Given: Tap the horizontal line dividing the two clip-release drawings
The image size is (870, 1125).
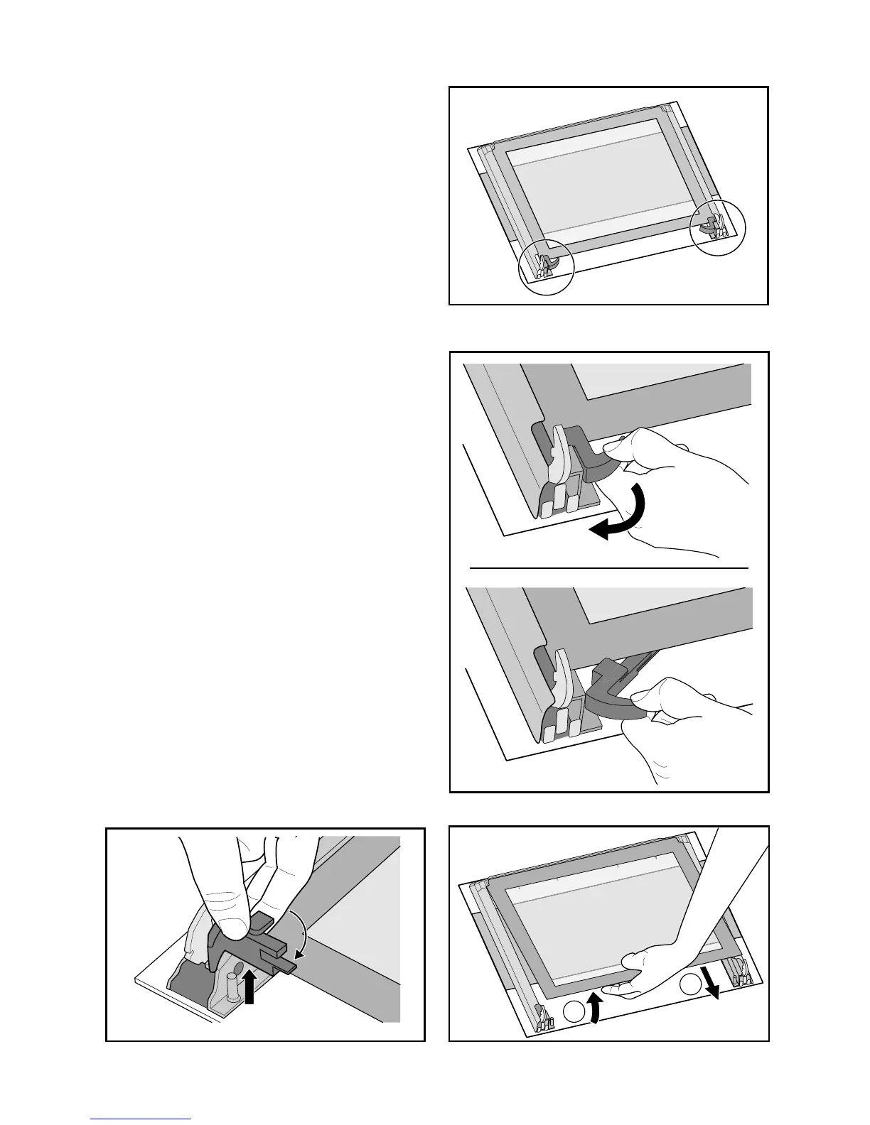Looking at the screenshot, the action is coord(609,568).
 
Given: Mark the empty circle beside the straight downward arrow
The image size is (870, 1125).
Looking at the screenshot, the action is coord(689,985).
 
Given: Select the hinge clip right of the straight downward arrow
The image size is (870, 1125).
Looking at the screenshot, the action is coord(737,969).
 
